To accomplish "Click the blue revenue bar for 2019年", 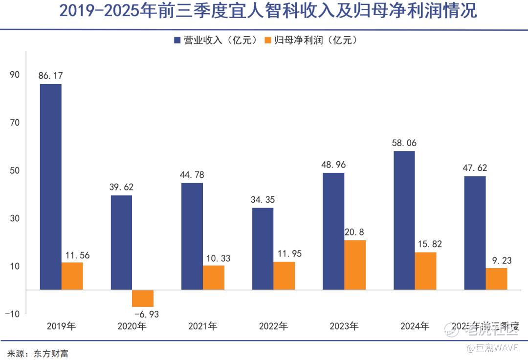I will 51,187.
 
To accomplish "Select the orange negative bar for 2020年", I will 143,298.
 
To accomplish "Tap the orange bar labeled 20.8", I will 355,265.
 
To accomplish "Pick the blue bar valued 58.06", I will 404,220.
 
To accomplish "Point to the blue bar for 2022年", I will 263,249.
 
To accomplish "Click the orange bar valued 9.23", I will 496,278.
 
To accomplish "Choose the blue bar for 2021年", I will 192,236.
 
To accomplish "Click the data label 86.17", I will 51,76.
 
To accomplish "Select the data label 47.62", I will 475,168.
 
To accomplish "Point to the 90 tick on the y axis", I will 15,75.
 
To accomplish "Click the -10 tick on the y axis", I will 12,314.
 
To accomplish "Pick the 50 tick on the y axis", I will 15,170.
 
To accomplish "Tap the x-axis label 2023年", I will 344,326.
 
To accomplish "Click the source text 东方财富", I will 51,353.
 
